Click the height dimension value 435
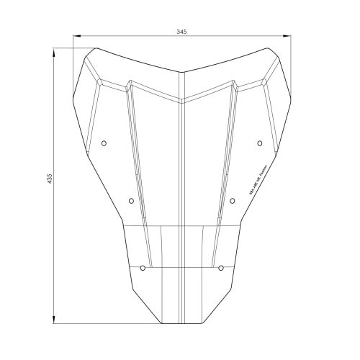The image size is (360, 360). tap(48, 178)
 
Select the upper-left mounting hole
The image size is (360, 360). tap(104, 143)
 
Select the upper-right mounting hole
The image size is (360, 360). tap(258, 143)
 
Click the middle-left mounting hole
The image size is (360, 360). tap(130, 201)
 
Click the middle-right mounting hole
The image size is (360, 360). tap(232, 201)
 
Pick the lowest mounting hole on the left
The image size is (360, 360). tap(143, 268)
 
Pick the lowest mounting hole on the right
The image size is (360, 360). tap(220, 268)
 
